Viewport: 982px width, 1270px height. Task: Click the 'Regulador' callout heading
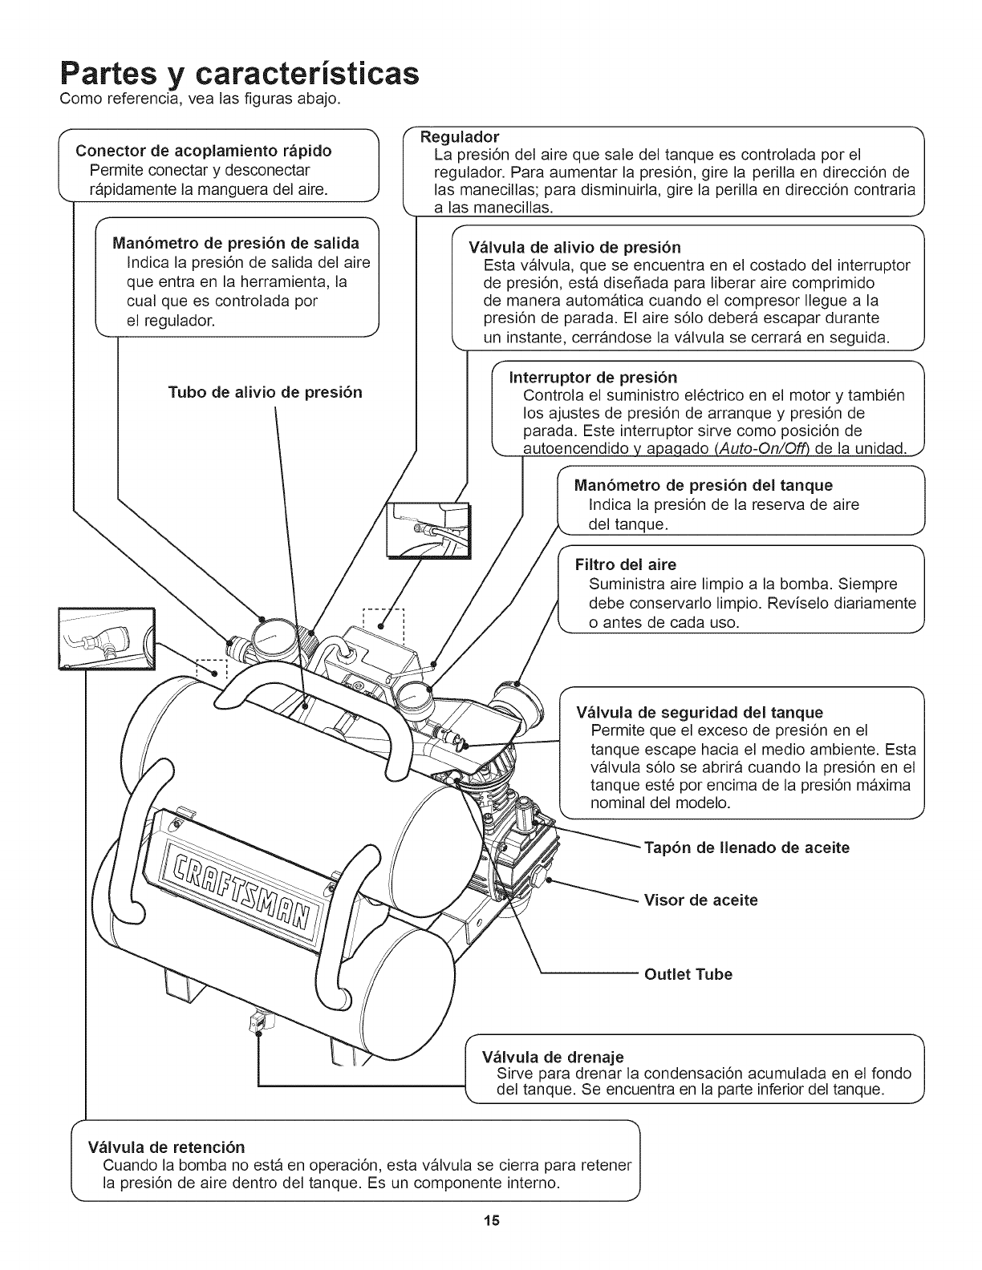click(461, 135)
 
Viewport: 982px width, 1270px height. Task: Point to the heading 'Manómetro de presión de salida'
click(235, 243)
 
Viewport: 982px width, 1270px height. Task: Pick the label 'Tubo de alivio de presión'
click(265, 392)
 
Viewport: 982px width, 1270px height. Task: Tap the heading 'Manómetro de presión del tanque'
click(704, 485)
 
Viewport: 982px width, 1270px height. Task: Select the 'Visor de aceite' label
click(701, 900)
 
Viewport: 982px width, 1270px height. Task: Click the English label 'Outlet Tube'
click(688, 974)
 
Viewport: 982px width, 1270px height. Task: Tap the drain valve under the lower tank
click(257, 1023)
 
